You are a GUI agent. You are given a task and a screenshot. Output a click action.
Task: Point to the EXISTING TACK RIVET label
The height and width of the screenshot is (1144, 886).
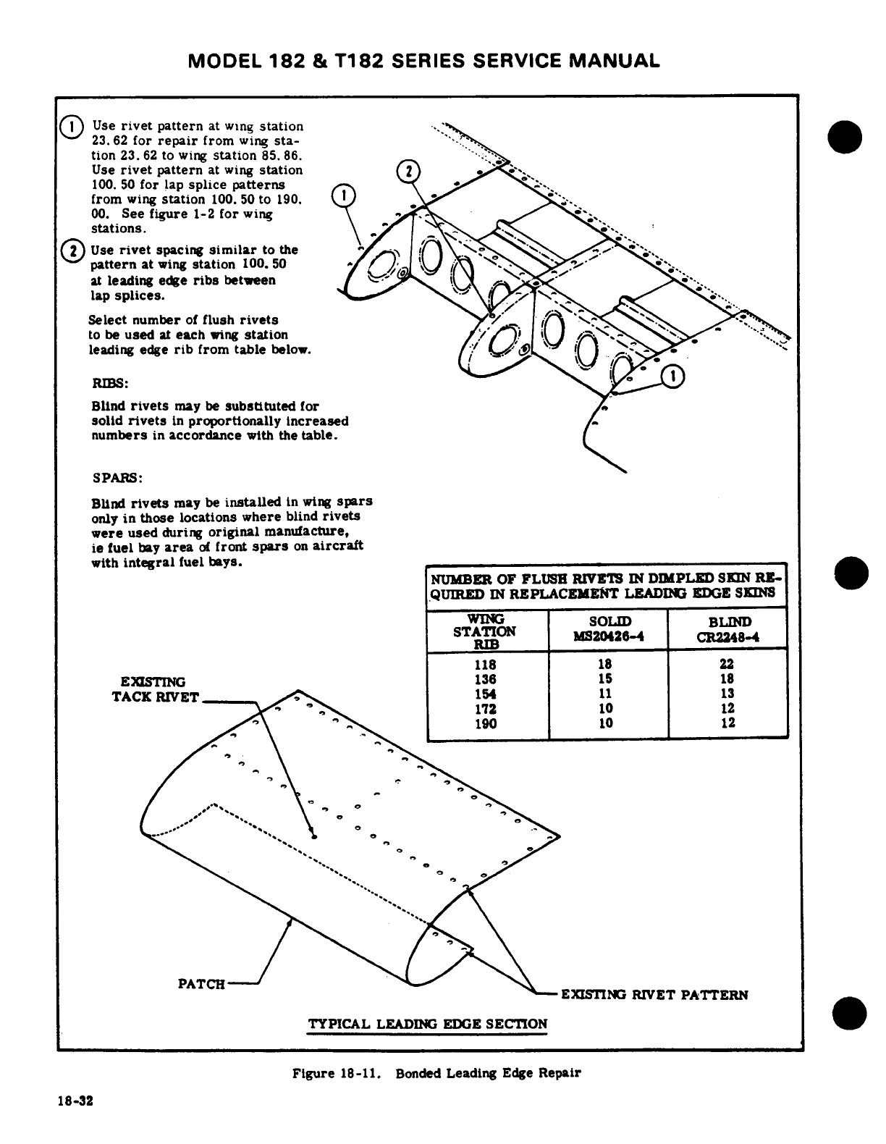[153, 689]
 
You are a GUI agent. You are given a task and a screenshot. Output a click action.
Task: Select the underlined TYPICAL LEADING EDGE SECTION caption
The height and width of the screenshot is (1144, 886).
[428, 1024]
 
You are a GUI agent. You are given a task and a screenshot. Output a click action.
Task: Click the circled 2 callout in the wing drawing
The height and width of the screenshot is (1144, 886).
[409, 172]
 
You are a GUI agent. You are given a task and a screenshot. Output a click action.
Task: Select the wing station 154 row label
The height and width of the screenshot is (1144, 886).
[486, 694]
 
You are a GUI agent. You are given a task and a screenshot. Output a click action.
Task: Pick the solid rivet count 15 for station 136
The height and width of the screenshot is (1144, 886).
[607, 679]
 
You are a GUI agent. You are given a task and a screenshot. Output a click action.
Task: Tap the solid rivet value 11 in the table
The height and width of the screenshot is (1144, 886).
[607, 694]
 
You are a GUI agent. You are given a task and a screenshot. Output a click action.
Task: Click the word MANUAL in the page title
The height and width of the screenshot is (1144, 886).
[615, 60]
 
